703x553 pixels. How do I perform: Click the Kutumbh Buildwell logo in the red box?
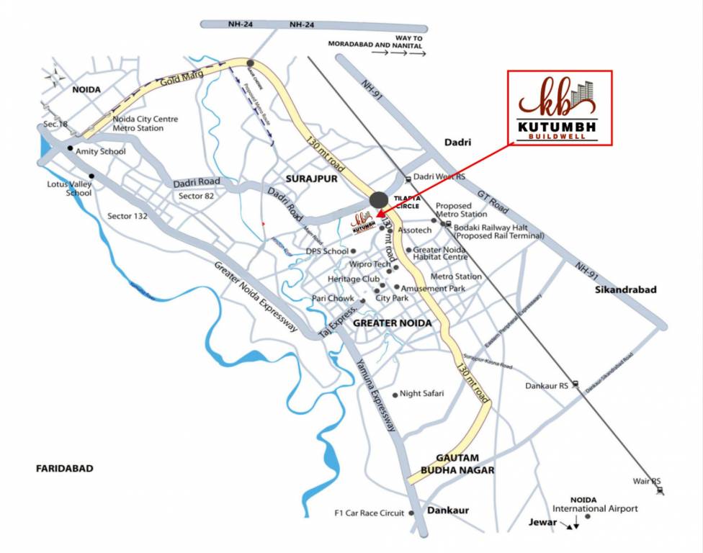(560, 108)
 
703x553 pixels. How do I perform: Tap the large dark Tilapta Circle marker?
(378, 201)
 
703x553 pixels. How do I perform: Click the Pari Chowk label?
(332, 298)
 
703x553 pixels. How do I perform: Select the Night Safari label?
(422, 393)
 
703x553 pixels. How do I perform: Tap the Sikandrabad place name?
(626, 289)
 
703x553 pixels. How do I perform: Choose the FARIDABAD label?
(65, 469)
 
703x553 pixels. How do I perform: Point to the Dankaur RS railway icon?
(576, 385)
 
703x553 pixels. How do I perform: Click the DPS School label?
(327, 251)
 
